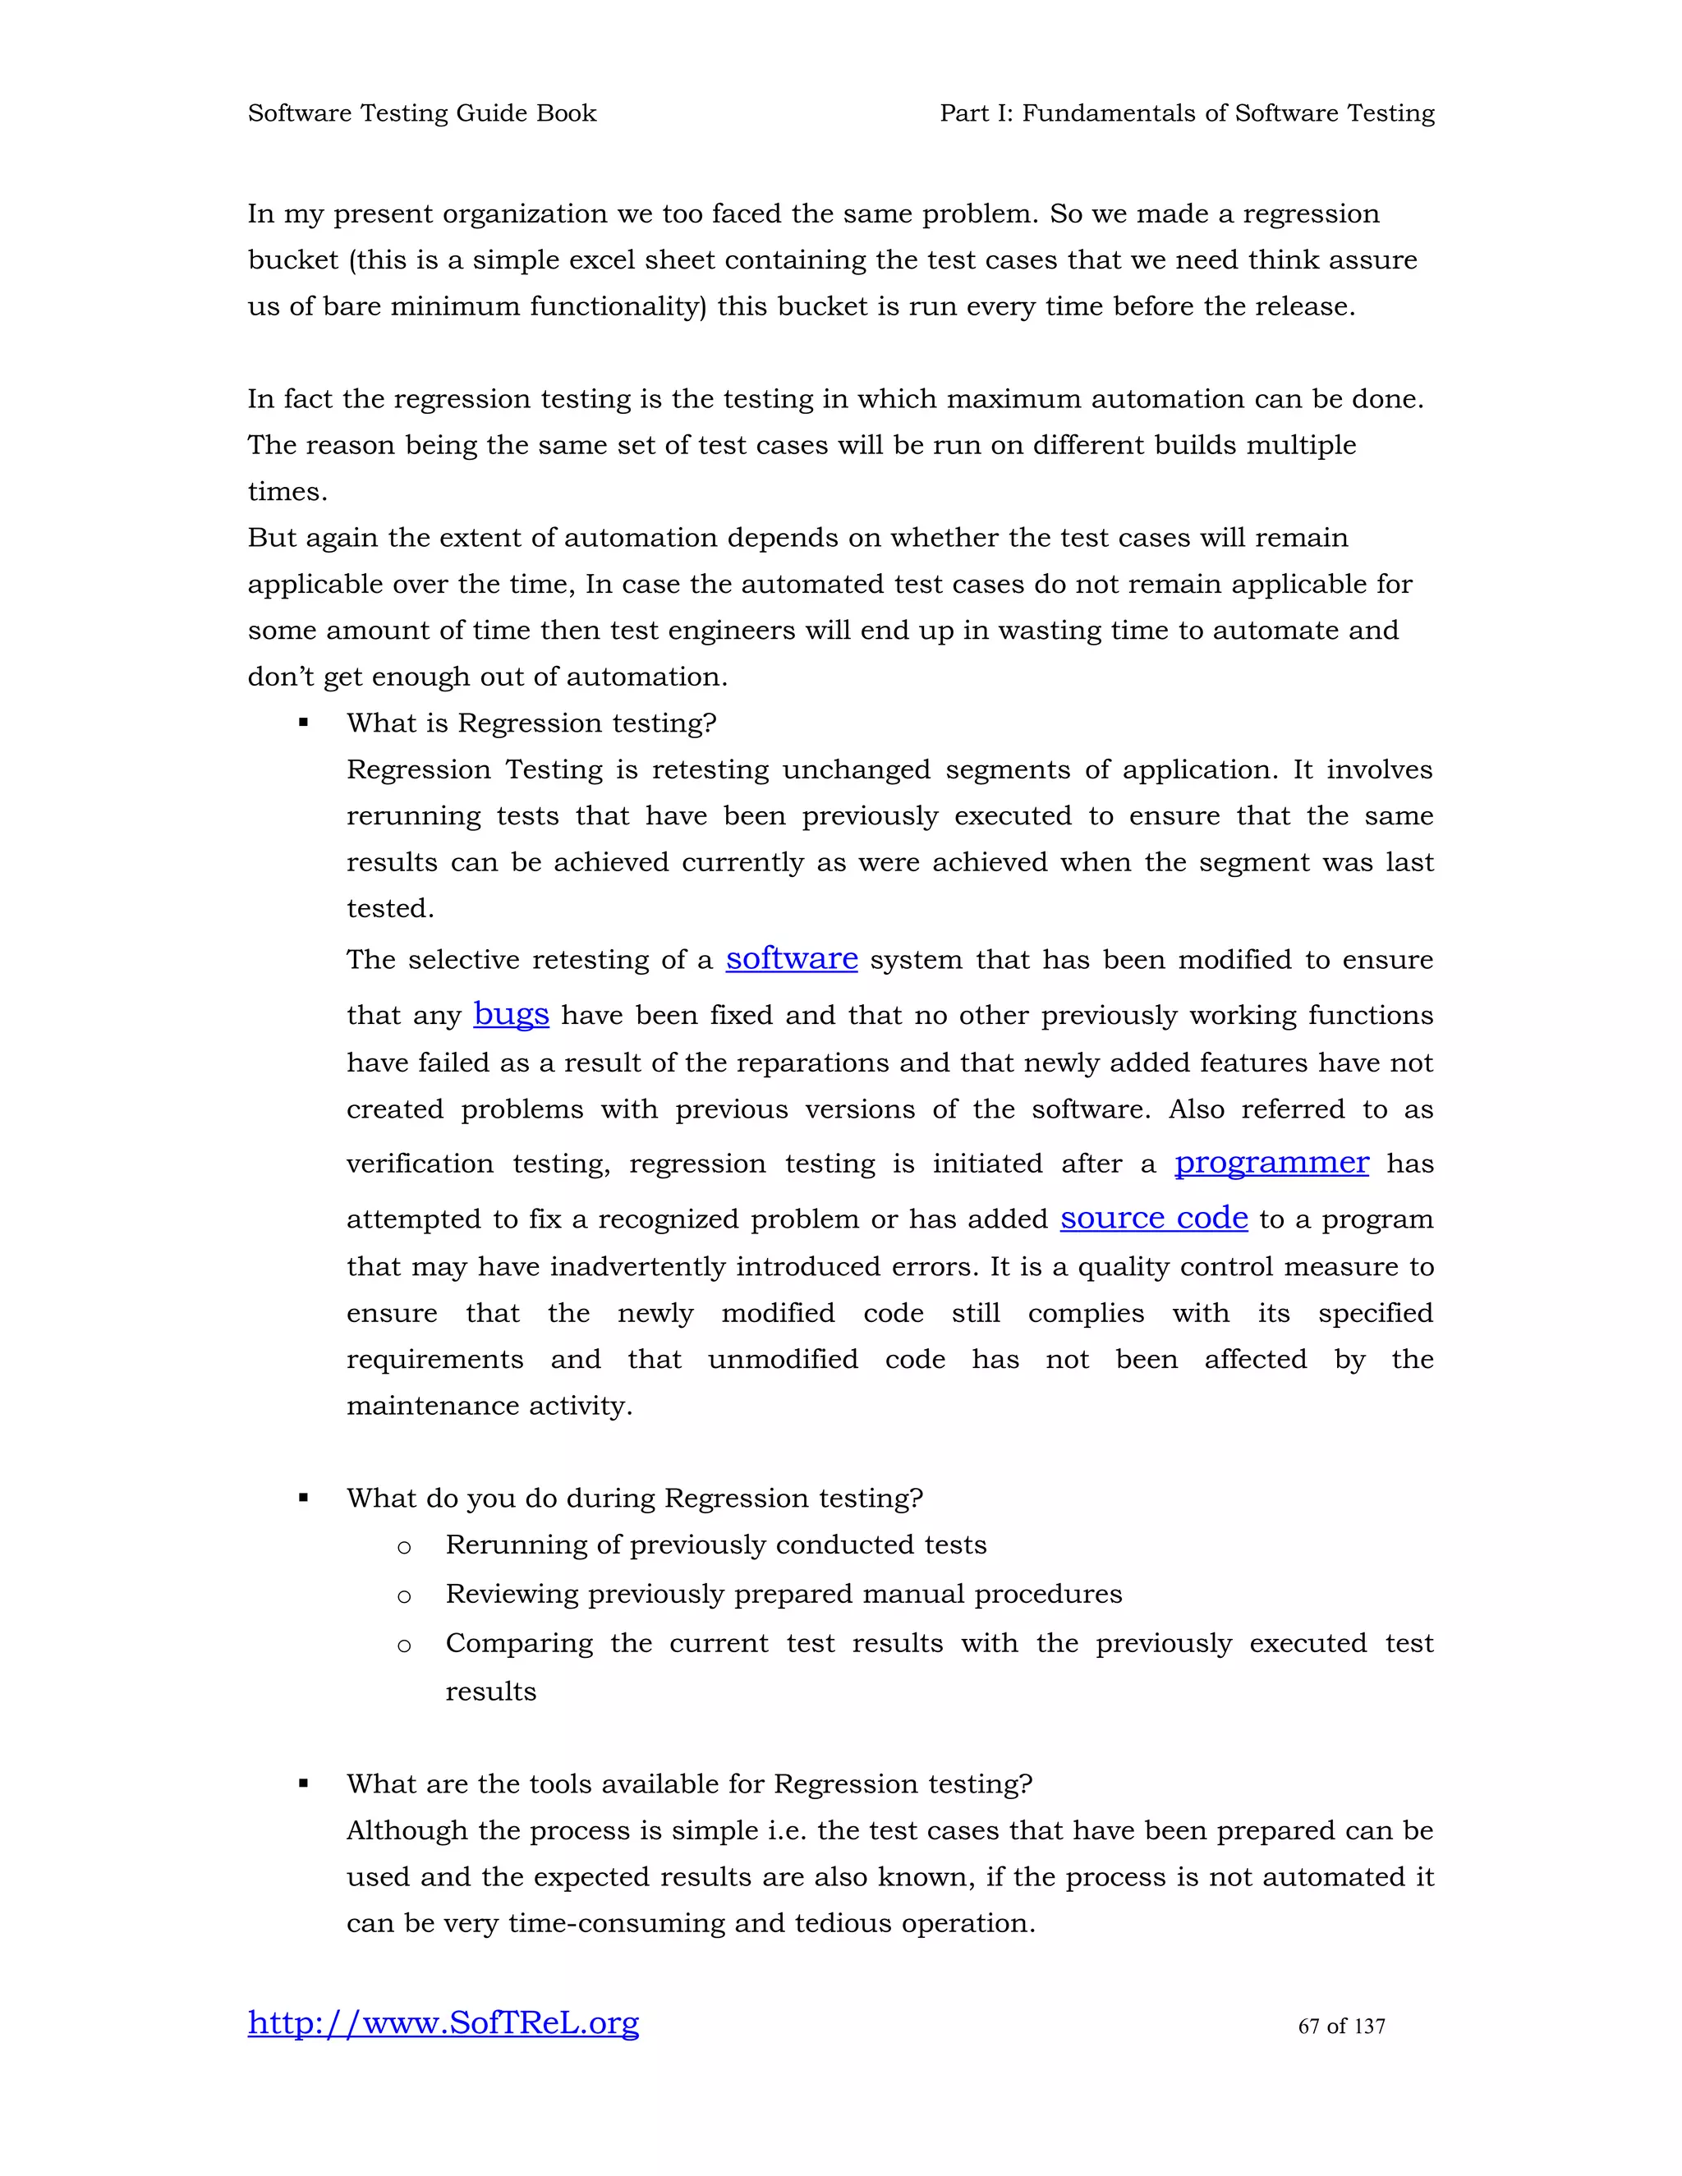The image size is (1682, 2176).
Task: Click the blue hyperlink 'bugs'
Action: [x=511, y=1013]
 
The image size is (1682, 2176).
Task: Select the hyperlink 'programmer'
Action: [x=1271, y=1162]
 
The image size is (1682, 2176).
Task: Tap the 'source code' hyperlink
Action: [x=1153, y=1218]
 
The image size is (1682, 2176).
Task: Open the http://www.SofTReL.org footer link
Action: [x=443, y=2022]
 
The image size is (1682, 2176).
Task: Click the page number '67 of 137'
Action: [x=1341, y=2026]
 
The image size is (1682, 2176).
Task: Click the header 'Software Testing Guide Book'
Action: [x=421, y=112]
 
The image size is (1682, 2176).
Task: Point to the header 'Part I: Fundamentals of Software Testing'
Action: [x=1187, y=112]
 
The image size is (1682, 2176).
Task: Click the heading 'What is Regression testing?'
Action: [x=531, y=723]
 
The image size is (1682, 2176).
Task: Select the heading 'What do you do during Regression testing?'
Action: [x=635, y=1498]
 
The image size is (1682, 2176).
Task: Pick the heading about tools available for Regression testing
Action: [x=690, y=1783]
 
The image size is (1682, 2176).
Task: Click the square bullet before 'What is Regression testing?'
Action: [x=303, y=723]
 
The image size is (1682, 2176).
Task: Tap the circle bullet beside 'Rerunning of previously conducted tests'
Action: [x=403, y=1547]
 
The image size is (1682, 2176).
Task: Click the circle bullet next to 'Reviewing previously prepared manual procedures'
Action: [x=403, y=1596]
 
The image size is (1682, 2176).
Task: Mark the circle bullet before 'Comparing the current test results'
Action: [x=403, y=1646]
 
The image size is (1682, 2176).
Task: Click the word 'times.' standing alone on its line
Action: [x=287, y=491]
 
